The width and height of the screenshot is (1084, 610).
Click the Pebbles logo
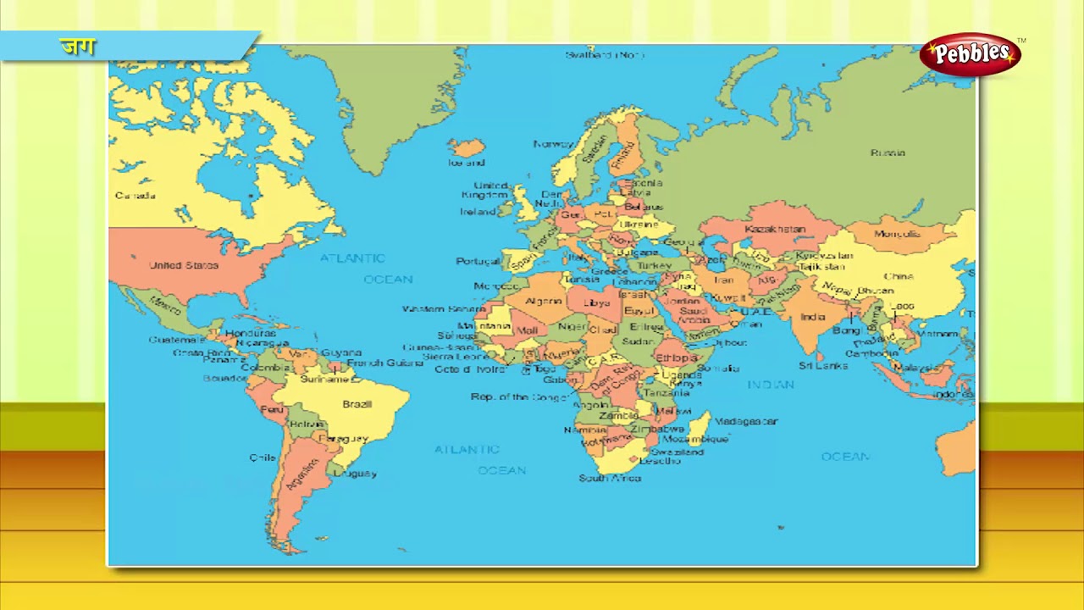[971, 53]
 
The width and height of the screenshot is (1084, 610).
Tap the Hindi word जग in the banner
[77, 47]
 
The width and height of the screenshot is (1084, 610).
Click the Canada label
[135, 196]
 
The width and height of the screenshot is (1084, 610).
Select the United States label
[184, 265]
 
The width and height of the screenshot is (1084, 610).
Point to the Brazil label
[357, 404]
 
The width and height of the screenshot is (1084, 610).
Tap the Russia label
[888, 153]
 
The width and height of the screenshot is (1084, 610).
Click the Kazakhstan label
[775, 230]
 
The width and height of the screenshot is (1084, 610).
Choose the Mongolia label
[896, 234]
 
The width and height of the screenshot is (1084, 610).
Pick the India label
[812, 317]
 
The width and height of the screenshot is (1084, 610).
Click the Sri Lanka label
[822, 366]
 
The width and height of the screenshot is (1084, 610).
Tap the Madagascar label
[746, 421]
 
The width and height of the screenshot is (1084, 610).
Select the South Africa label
[610, 479]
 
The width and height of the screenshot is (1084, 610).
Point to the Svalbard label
[605, 55]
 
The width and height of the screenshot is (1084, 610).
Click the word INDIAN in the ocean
[771, 385]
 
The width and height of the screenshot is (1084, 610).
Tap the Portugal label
[478, 261]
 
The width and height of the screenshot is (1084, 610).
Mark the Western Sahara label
[443, 309]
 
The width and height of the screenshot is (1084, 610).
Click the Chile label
[263, 457]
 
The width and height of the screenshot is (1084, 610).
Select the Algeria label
[544, 302]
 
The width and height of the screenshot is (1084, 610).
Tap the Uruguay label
[355, 474]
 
